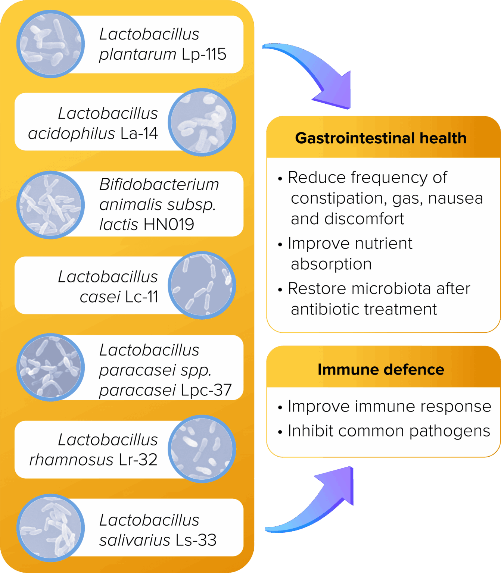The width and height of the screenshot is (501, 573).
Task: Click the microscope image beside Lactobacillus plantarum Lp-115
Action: click(x=50, y=44)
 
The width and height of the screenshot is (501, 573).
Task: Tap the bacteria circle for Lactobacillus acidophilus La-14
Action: click(x=202, y=122)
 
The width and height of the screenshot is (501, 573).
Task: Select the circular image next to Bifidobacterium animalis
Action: click(x=50, y=205)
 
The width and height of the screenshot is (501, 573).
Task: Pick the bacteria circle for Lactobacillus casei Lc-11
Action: click(x=202, y=285)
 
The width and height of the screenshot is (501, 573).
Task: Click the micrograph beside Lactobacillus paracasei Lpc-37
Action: click(x=50, y=367)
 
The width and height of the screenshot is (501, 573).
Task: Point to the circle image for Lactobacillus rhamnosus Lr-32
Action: click(x=202, y=449)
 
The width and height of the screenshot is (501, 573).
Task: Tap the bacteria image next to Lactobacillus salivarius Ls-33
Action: click(x=50, y=528)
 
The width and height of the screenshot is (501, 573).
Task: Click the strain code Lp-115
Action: click(x=204, y=54)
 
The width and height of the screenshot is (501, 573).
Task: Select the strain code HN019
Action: click(x=168, y=225)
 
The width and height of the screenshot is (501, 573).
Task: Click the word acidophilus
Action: click(x=71, y=134)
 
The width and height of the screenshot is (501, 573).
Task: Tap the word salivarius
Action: click(x=134, y=540)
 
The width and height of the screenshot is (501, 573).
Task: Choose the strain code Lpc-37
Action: click(x=206, y=390)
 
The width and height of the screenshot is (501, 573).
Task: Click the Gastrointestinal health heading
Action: click(x=381, y=138)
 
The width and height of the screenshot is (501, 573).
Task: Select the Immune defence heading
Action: click(x=381, y=369)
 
